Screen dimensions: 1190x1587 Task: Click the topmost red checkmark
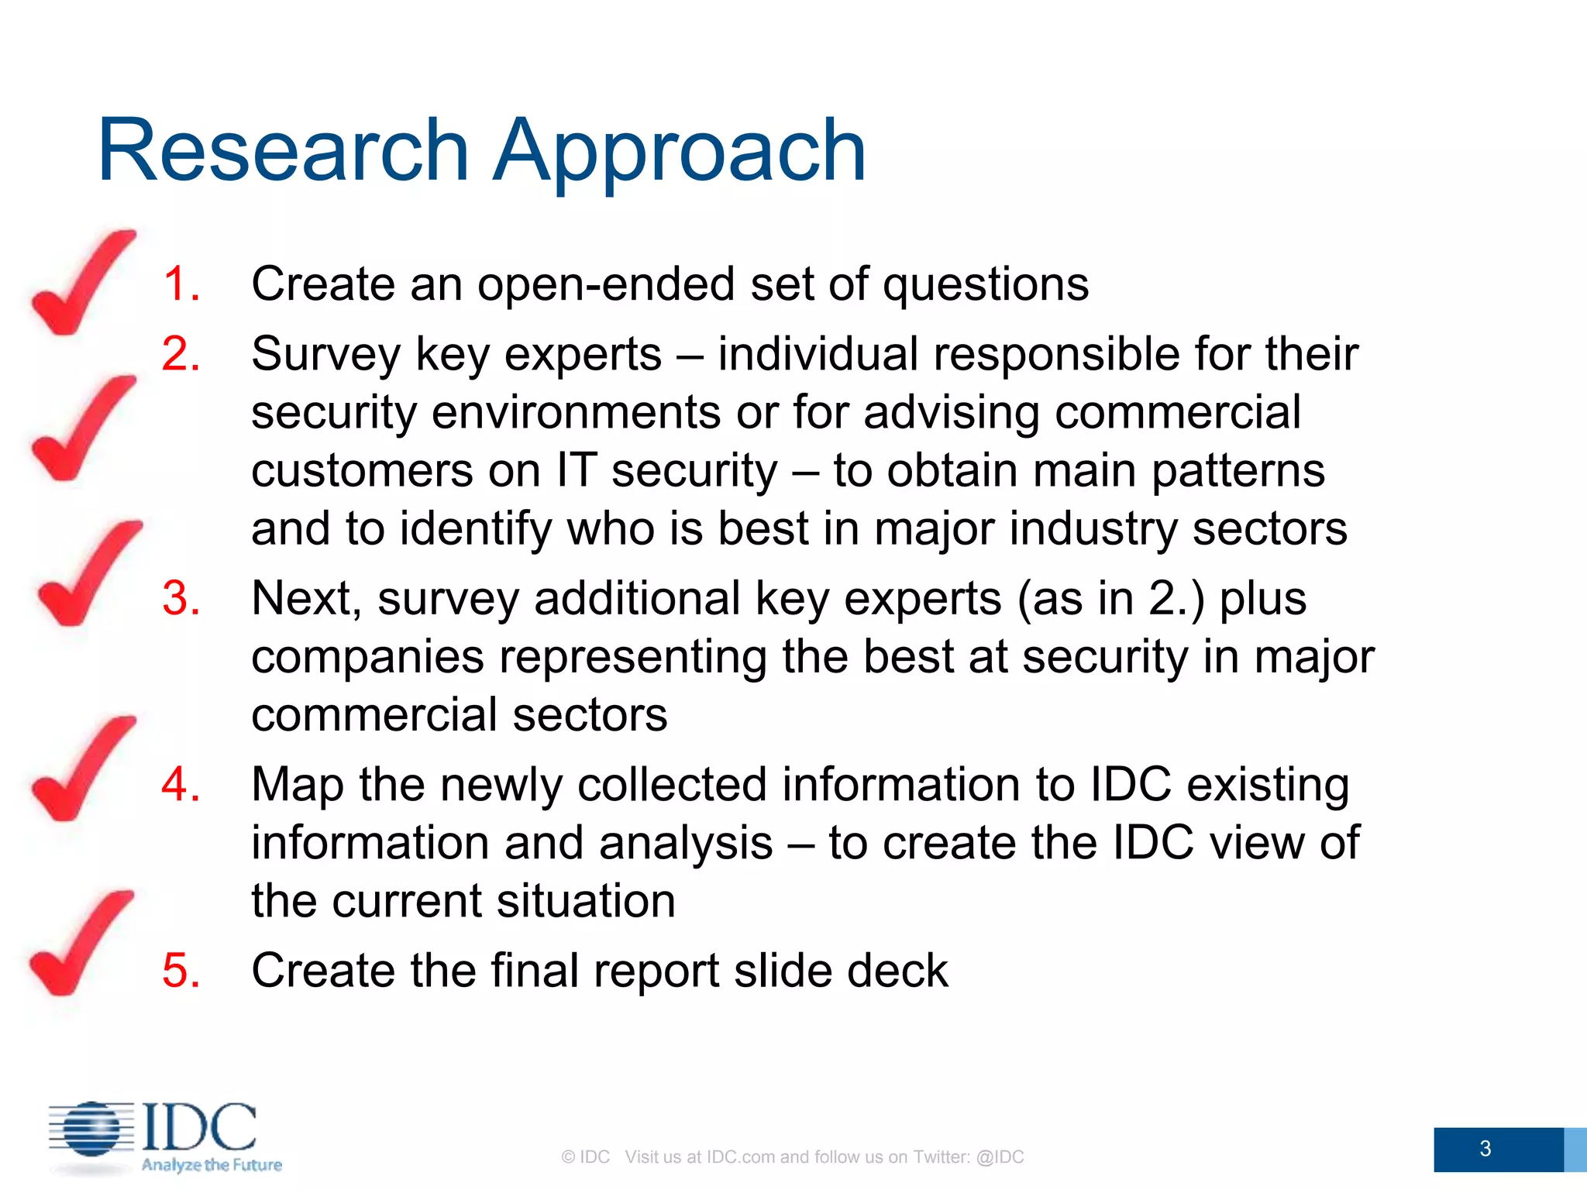[83, 283]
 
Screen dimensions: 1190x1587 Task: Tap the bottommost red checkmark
[81, 943]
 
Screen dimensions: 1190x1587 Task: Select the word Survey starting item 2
[326, 355]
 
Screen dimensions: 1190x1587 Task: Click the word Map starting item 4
[298, 785]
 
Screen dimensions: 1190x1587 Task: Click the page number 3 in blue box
[1485, 1148]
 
